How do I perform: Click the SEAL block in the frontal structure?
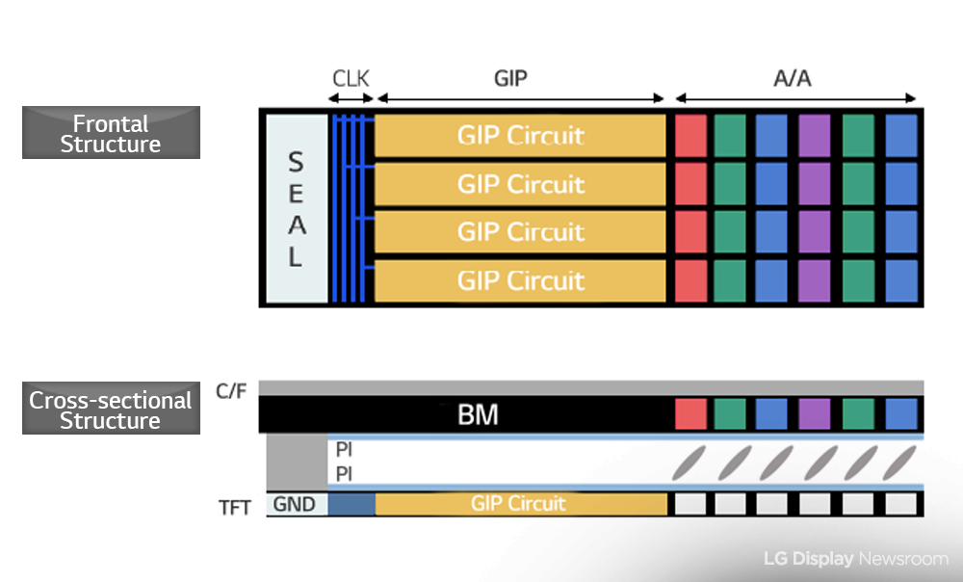point(296,208)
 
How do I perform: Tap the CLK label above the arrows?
point(351,78)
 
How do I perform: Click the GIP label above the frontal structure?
point(510,78)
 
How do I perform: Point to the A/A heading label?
point(793,78)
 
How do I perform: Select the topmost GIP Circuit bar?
point(520,136)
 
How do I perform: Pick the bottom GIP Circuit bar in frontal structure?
point(520,280)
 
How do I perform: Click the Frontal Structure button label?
point(111,134)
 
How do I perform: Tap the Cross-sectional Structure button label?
point(111,410)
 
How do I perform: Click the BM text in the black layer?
point(478,416)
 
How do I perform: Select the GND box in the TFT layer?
point(297,504)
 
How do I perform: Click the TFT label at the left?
point(235,505)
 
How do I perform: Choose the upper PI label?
point(344,450)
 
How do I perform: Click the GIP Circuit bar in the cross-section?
point(520,504)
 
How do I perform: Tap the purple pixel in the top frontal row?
point(815,136)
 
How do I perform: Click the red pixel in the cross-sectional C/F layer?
point(690,414)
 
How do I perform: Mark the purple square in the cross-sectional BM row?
point(815,414)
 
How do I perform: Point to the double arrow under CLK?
point(351,98)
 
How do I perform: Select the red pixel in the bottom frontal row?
point(690,280)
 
